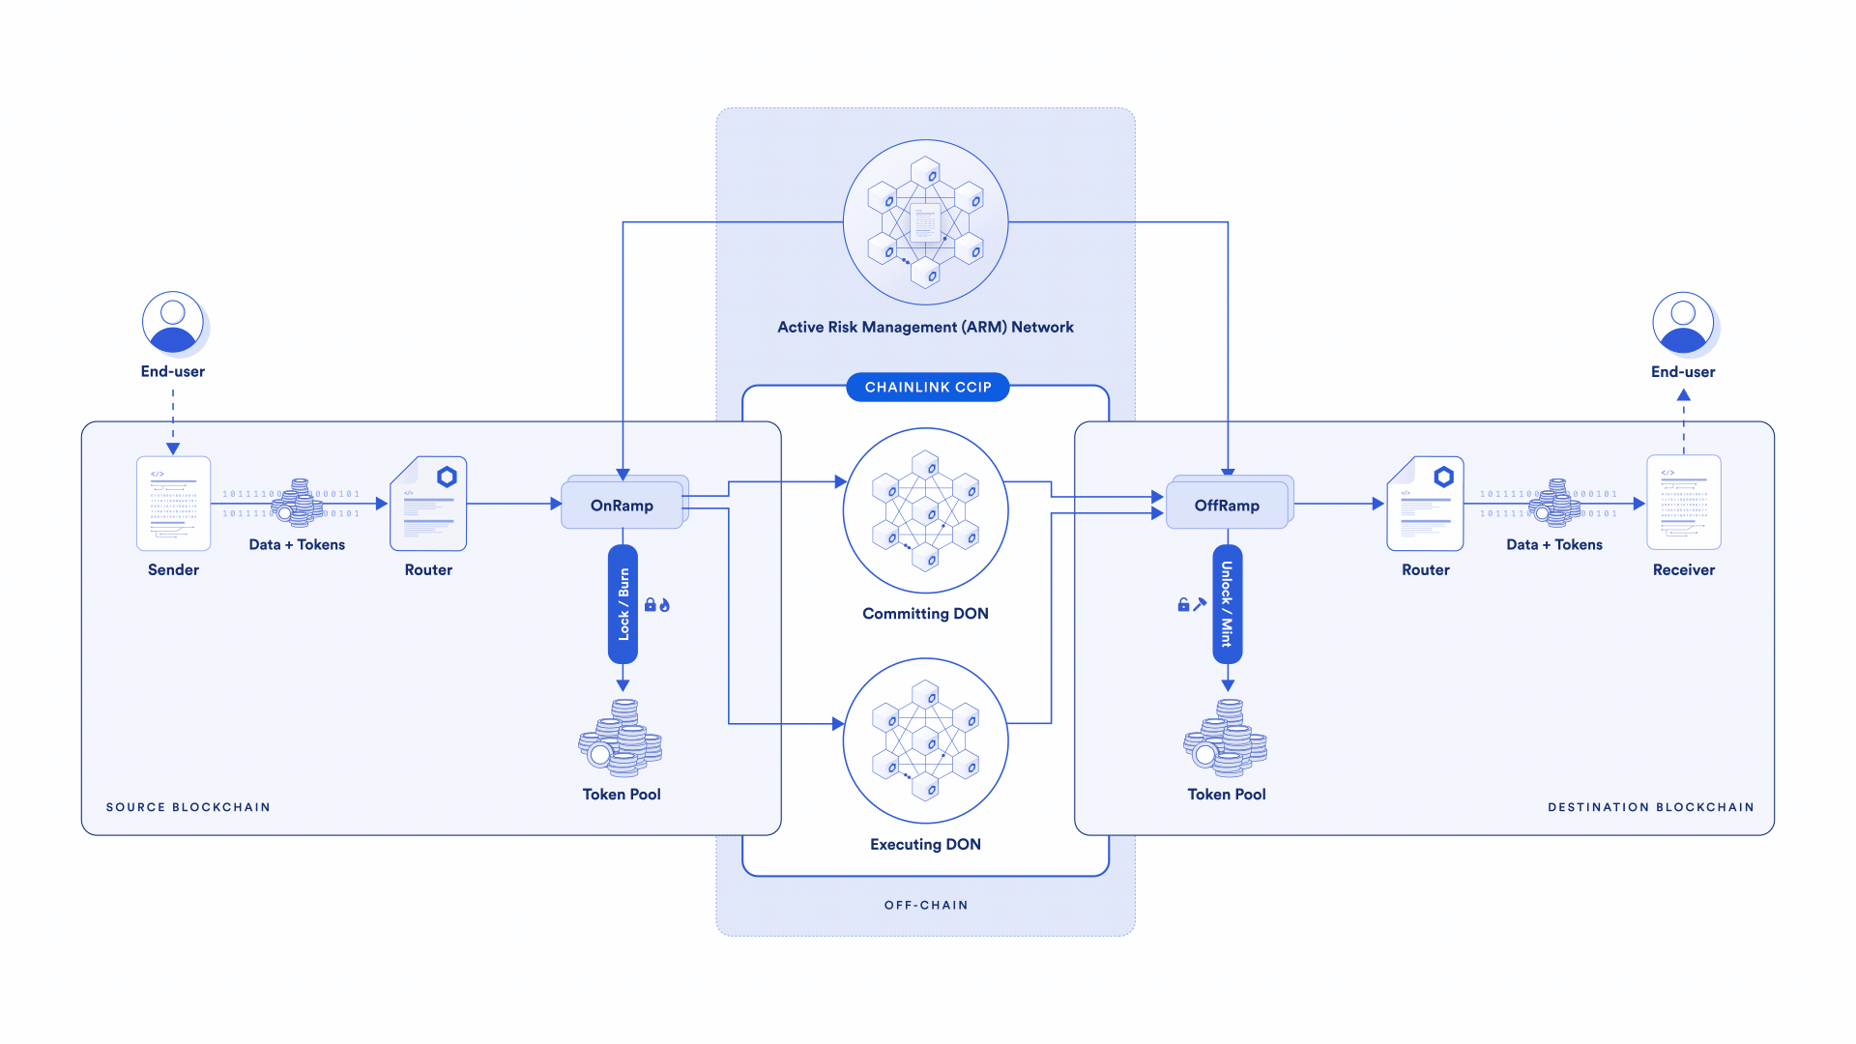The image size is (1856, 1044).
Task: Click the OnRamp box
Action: pos(622,505)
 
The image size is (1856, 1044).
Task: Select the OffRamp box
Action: pos(1227,505)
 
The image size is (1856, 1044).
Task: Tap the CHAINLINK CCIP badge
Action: pos(927,387)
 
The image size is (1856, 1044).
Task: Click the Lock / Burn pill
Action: pos(623,604)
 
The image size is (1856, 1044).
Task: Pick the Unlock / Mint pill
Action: pos(1227,604)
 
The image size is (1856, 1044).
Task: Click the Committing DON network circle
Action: pos(925,510)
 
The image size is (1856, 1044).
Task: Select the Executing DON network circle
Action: pos(925,741)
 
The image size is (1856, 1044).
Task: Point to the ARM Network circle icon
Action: pos(925,222)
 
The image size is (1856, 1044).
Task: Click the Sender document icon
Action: pos(173,504)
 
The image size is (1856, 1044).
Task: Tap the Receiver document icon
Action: pos(1683,503)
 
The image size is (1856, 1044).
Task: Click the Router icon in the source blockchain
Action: pos(428,504)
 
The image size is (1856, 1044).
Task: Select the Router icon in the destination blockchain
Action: pos(1425,504)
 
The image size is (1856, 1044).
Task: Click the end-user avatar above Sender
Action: pos(173,322)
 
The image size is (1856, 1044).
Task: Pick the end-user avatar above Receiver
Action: pos(1683,322)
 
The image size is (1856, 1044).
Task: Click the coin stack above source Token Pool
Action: pos(621,739)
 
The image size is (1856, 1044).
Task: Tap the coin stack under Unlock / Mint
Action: pos(1226,739)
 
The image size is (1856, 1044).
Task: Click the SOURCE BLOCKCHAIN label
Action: pos(188,807)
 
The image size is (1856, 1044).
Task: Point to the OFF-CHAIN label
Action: pos(925,906)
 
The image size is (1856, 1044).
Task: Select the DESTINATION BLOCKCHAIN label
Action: pos(1650,807)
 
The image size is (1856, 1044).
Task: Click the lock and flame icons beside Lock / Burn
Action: pos(657,605)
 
